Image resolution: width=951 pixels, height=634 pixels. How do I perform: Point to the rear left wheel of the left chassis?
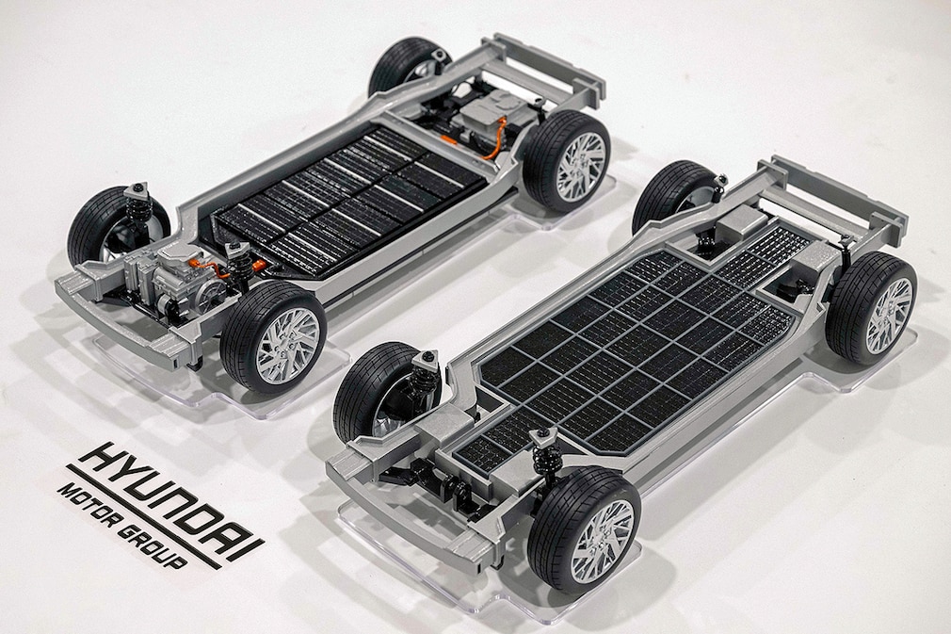coord(408,66)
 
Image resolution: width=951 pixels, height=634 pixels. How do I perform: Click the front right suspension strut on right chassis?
coord(543,452)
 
